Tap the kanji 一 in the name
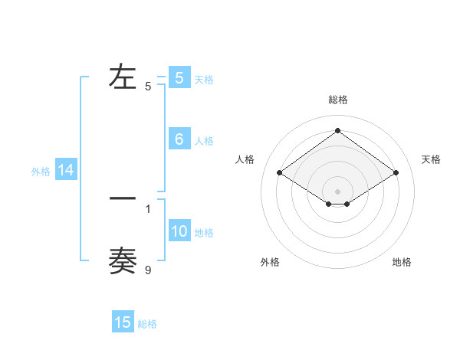point(123,198)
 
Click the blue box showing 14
point(66,171)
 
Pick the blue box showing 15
point(123,322)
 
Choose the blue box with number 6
point(179,139)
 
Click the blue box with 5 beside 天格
point(179,77)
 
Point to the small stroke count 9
point(148,270)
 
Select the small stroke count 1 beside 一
point(148,208)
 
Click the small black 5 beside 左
point(148,87)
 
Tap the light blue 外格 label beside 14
point(41,172)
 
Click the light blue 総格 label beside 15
point(147,324)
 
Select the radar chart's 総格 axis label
point(338,100)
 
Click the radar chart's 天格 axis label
point(431,159)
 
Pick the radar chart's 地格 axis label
point(402,263)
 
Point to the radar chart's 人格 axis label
point(245,159)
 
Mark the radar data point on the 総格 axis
point(337,131)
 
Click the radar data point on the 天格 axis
point(396,173)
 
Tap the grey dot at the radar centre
point(337,191)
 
